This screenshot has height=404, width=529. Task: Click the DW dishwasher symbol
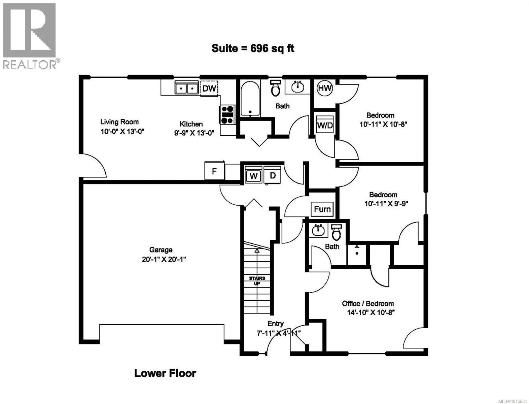(209, 88)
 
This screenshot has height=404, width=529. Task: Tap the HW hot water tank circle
(325, 89)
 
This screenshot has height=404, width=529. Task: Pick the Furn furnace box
(322, 209)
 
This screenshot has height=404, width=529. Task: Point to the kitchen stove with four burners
(227, 114)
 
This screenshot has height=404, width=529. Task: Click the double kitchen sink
(186, 88)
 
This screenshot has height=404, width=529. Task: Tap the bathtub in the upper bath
(250, 98)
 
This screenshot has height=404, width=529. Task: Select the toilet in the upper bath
(276, 88)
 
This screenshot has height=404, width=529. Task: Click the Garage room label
(161, 250)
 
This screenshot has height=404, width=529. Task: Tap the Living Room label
(119, 122)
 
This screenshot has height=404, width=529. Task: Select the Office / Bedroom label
(368, 304)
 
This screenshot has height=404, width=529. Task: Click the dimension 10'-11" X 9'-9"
(386, 204)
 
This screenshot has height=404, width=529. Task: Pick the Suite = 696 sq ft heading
(253, 48)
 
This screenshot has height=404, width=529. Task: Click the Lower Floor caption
(165, 373)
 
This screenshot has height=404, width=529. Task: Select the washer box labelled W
(253, 175)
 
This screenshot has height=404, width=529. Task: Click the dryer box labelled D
(273, 175)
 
